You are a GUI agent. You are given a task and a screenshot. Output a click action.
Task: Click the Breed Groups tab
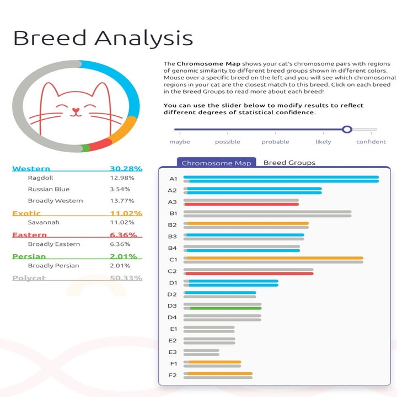point(289,163)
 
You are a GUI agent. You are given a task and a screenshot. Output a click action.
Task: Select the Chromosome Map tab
point(216,163)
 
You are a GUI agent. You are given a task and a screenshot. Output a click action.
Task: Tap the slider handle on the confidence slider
point(347,130)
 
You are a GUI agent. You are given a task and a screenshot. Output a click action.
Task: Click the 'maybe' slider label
point(180,142)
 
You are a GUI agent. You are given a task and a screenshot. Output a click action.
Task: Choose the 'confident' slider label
point(371,142)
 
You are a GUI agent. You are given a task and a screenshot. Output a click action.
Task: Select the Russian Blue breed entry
point(49,189)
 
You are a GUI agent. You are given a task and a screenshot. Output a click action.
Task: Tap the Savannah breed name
point(44,222)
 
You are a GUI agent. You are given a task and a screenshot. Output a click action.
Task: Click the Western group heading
point(31,169)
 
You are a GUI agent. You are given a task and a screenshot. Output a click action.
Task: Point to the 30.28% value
point(126,169)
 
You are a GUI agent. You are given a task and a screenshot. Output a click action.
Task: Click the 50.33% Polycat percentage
point(126,278)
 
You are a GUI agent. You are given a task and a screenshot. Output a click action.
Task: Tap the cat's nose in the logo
point(76,110)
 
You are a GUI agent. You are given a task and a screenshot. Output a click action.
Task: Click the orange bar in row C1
point(274,257)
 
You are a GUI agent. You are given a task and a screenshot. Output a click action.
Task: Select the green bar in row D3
point(226,308)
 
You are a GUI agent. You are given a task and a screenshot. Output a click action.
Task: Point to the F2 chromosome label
point(173,375)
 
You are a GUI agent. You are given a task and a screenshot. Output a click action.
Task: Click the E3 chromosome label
point(173,352)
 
